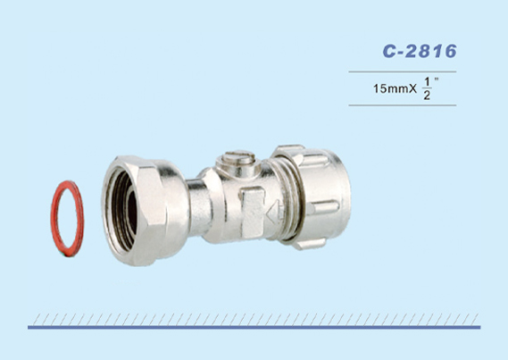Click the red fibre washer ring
54,219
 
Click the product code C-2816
420,51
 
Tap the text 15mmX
395,88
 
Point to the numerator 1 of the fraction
427,83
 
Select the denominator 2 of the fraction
427,96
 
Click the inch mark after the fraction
437,80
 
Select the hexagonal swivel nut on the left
146,210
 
